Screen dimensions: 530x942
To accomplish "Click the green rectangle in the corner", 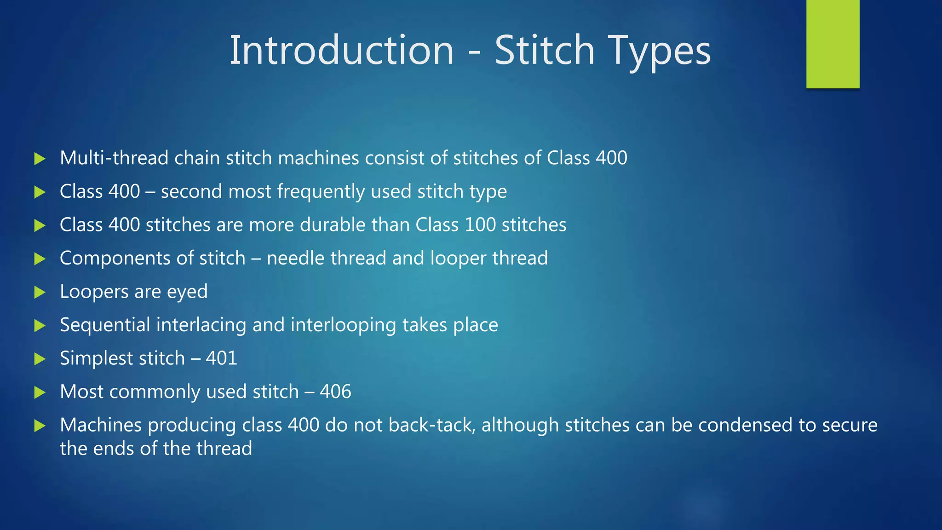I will point(833,44).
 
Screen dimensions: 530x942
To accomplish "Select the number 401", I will point(221,358).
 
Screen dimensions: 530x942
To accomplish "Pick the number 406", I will point(335,392).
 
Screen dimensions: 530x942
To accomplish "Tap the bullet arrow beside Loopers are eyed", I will point(40,292).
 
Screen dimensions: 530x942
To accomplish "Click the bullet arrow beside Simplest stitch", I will point(40,359).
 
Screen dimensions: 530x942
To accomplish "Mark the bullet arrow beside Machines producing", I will point(40,426).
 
